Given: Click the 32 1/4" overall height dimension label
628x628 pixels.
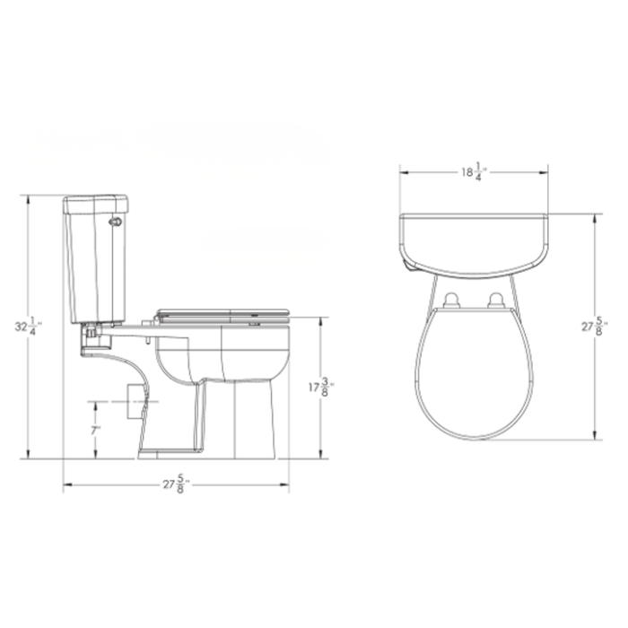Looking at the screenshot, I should [33, 325].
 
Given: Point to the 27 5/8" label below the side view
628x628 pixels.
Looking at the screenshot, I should [175, 485].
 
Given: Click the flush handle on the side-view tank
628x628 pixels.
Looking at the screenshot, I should [114, 222].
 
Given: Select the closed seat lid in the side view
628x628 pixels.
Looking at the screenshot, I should [223, 312].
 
